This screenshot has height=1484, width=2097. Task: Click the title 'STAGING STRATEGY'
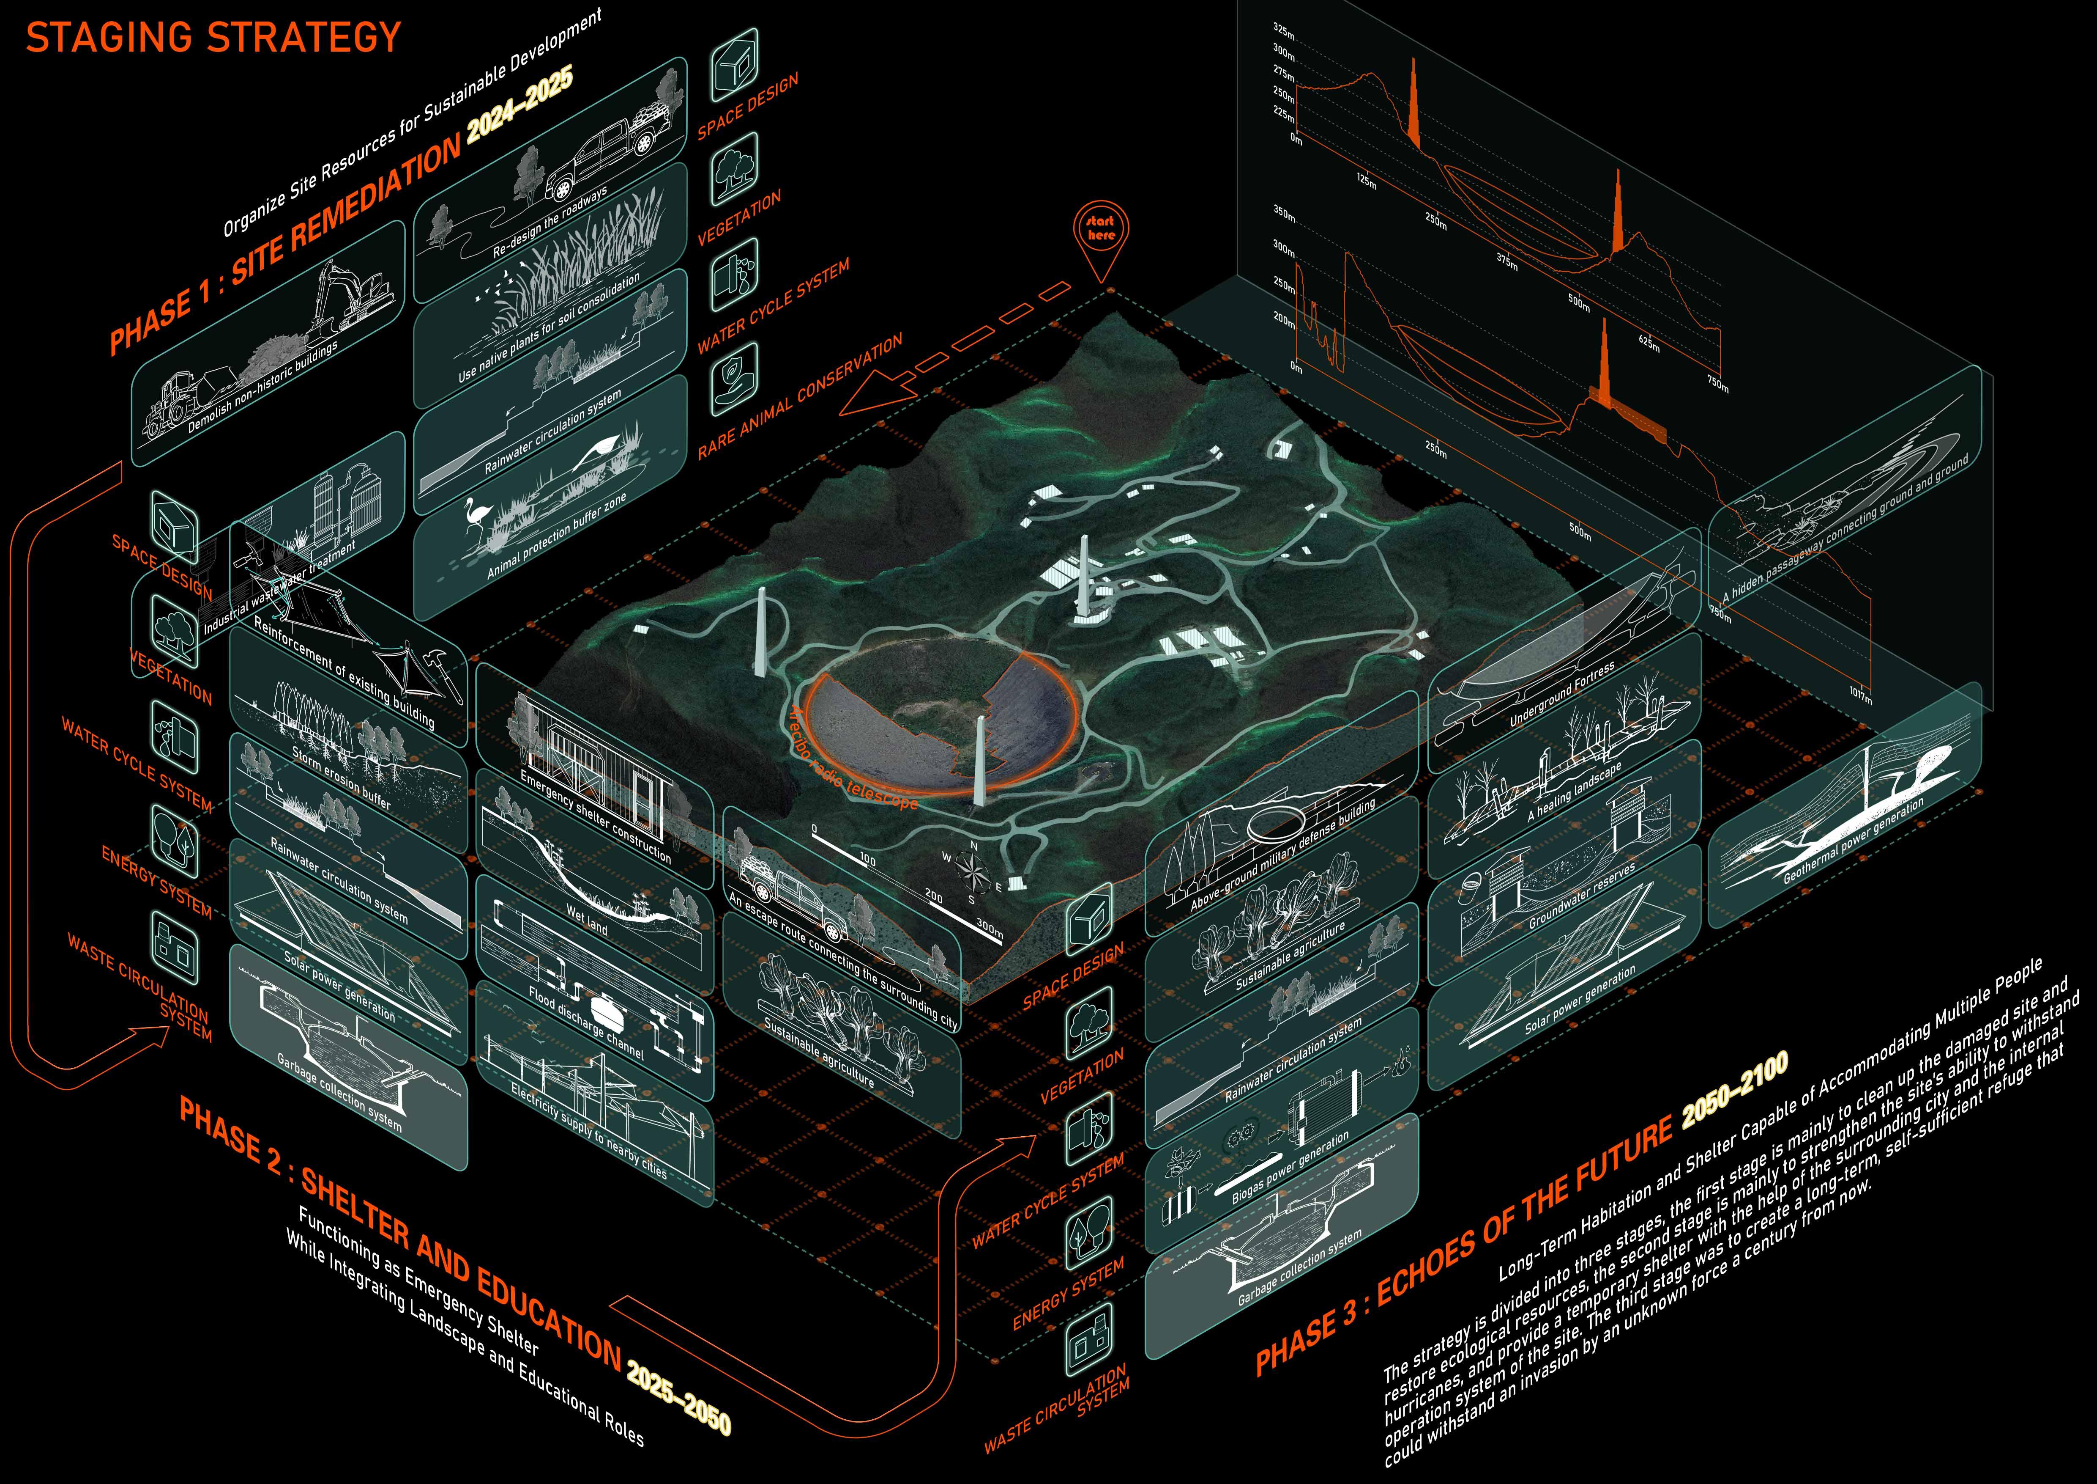[213, 38]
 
